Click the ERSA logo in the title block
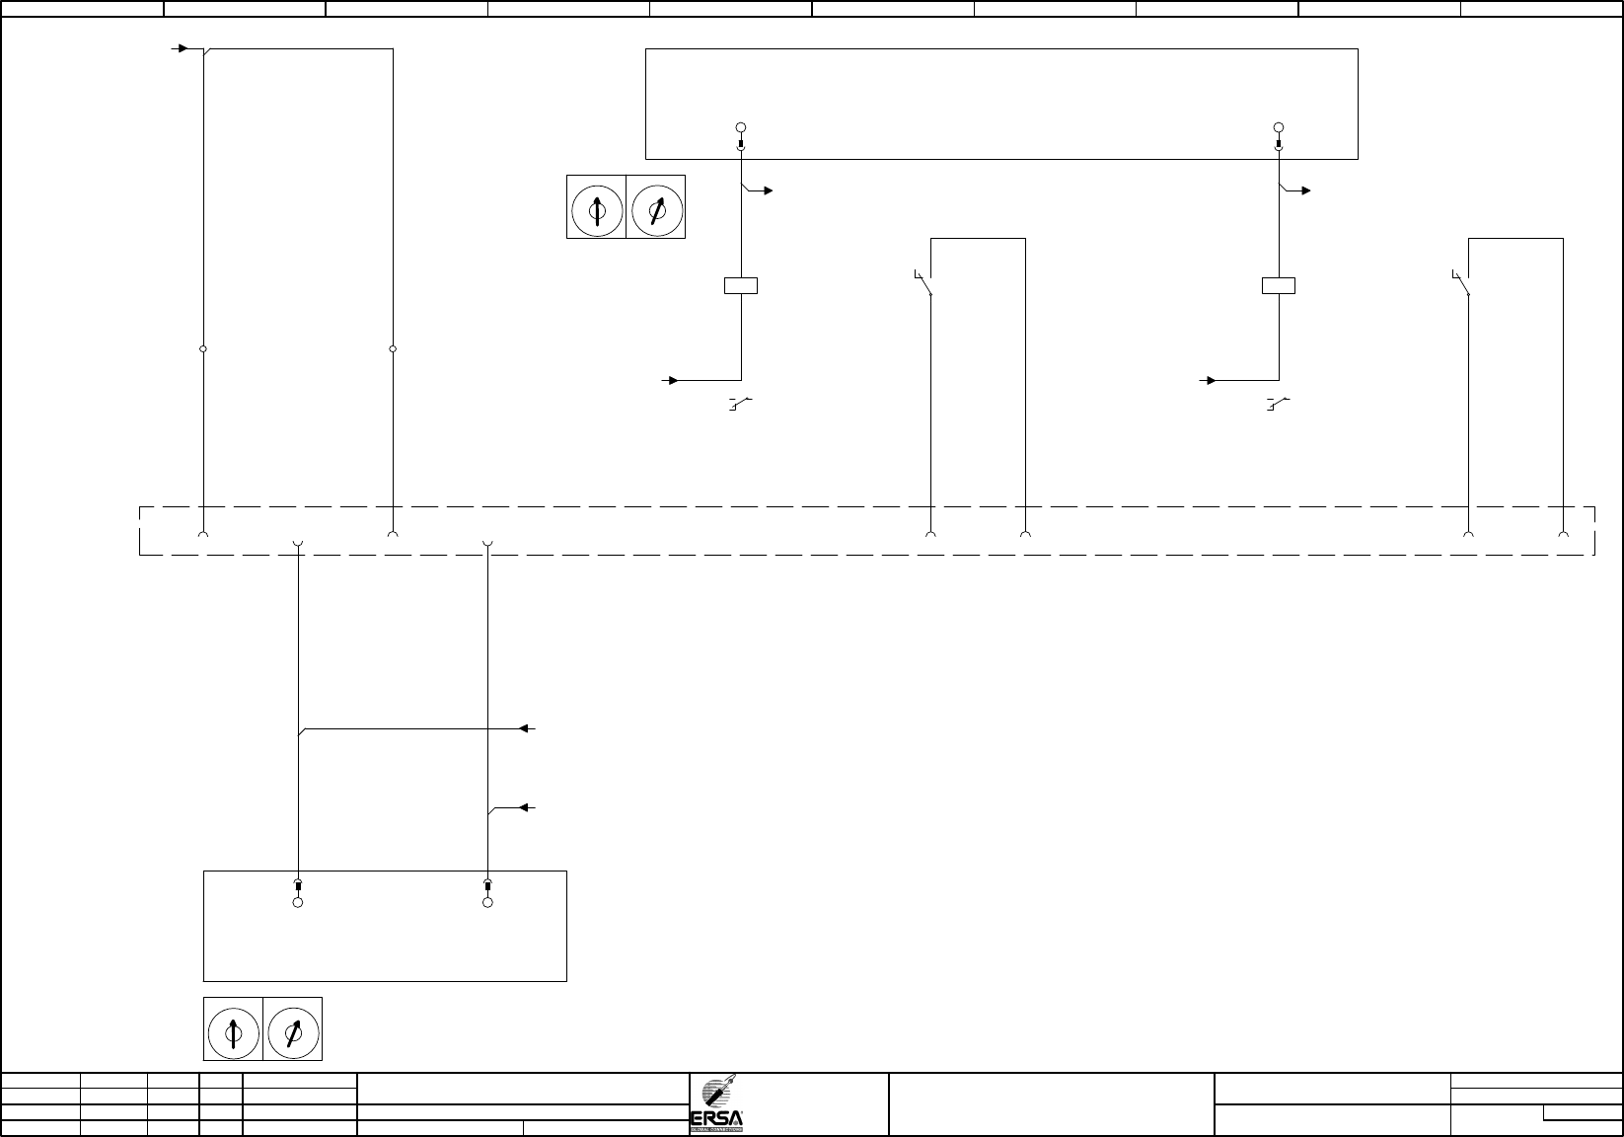pos(722,1105)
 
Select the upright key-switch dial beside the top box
pos(596,209)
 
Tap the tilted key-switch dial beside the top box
pos(656,209)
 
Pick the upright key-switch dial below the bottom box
pos(233,1030)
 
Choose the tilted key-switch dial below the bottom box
pos(293,1030)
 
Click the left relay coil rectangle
pos(741,286)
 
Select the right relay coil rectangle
pos(1279,286)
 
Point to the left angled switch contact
pos(924,283)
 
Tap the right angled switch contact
pos(1462,283)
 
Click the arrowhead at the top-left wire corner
pos(182,47)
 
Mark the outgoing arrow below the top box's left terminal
pos(767,190)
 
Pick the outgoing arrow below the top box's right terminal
pos(1304,190)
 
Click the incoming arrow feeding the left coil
pos(672,379)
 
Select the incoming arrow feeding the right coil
pos(1210,379)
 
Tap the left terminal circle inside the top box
pos(741,127)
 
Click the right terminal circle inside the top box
pos(1279,127)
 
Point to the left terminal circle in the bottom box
pos(298,902)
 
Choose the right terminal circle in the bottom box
pos(487,902)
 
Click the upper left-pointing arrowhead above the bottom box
pos(526,728)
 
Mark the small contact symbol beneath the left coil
pos(740,403)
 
